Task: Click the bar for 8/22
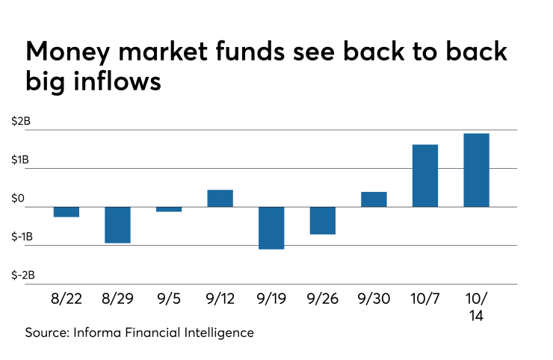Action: tap(67, 211)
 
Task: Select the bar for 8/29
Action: tap(117, 224)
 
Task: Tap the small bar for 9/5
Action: tap(169, 209)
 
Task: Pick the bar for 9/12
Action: tap(220, 198)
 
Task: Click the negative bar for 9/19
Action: tap(271, 228)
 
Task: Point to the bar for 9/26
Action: tap(323, 220)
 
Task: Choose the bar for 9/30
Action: tap(374, 199)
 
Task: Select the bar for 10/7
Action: tap(425, 176)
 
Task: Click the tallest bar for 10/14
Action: tap(476, 170)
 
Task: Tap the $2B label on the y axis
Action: tap(21, 122)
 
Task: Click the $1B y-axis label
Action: tap(21, 161)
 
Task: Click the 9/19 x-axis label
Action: tap(271, 300)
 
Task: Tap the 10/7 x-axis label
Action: tap(425, 300)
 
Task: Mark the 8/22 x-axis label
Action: tap(67, 300)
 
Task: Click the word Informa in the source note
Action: tap(99, 332)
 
